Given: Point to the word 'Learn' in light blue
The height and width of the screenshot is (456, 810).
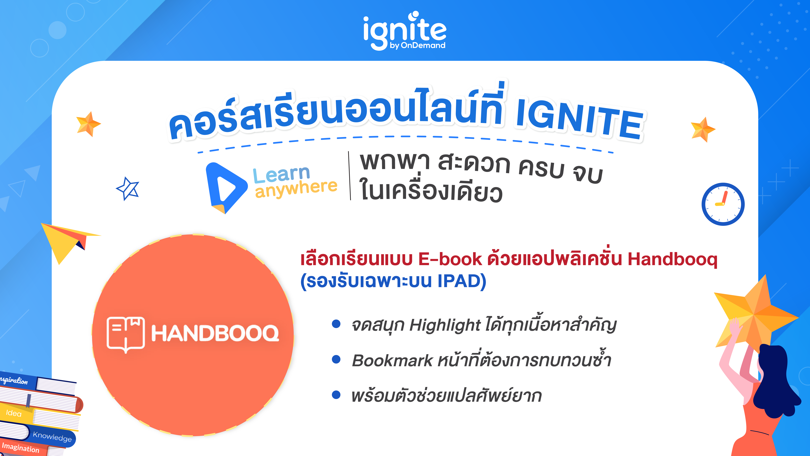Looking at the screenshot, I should [281, 174].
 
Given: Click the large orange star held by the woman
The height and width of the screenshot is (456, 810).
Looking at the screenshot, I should [755, 315].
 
